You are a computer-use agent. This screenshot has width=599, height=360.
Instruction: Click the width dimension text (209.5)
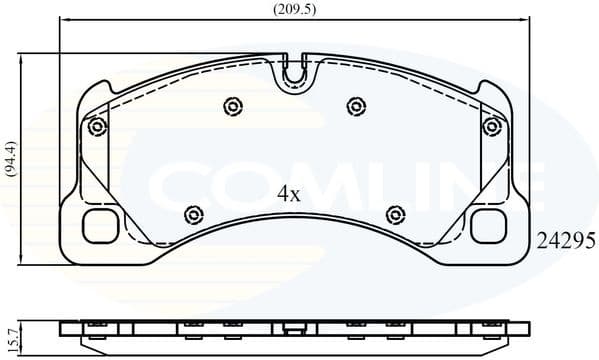click(x=293, y=10)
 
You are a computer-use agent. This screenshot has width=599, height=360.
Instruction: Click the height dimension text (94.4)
click(x=10, y=158)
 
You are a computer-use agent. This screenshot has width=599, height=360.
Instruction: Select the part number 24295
click(x=566, y=240)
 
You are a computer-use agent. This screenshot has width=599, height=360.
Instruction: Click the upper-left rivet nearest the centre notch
click(x=233, y=106)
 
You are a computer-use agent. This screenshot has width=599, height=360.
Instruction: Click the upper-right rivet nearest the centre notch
click(x=356, y=106)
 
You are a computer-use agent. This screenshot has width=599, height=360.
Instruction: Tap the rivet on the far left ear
click(x=97, y=126)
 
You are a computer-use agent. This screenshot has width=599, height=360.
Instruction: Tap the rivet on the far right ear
click(x=491, y=126)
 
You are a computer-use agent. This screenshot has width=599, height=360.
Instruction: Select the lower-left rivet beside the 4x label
click(x=193, y=213)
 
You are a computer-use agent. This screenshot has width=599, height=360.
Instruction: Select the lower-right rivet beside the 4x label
click(x=395, y=213)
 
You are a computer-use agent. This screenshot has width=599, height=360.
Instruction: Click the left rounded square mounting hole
click(x=100, y=226)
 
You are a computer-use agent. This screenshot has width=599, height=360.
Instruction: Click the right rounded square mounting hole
click(x=488, y=226)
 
